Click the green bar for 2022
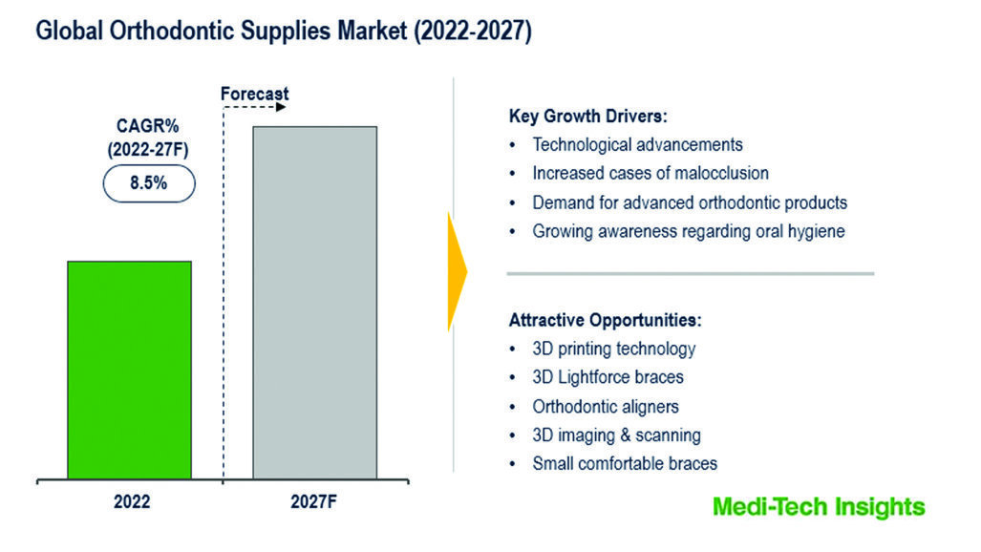(x=130, y=370)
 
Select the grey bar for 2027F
(x=314, y=303)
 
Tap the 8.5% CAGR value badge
(x=149, y=183)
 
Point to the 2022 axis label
(x=132, y=502)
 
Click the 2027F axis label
(x=313, y=502)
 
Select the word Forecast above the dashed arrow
(x=255, y=94)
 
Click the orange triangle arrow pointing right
(x=458, y=271)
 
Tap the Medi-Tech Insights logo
(x=819, y=507)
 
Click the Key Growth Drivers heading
(x=588, y=116)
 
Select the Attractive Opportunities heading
(x=605, y=320)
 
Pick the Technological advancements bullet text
(x=637, y=144)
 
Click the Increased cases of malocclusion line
(x=650, y=174)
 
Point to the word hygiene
(x=817, y=232)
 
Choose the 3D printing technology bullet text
(x=614, y=350)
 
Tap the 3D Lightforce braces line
(x=608, y=377)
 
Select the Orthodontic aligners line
(x=606, y=407)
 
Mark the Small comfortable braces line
(x=625, y=464)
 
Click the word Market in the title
(x=373, y=31)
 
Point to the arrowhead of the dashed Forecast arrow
(x=281, y=107)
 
